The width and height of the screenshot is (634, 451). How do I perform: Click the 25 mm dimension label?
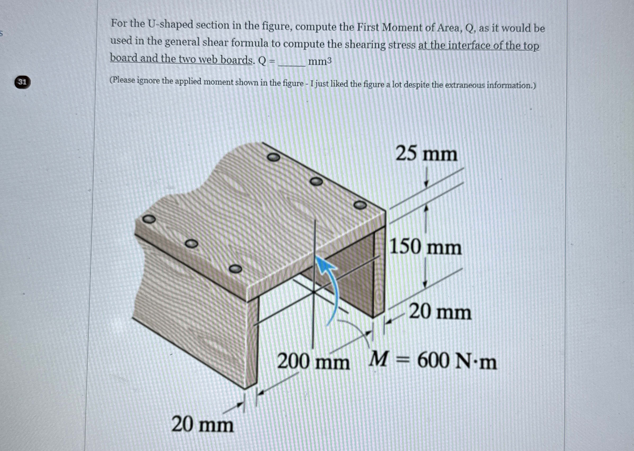[x=426, y=154]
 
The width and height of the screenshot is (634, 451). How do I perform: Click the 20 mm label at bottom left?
[x=203, y=425]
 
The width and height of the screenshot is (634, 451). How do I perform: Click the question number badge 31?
[x=22, y=82]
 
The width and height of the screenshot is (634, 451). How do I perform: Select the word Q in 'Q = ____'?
[x=262, y=61]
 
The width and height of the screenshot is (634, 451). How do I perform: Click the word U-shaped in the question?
[x=166, y=25]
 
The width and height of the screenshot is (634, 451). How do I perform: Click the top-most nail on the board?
[x=274, y=157]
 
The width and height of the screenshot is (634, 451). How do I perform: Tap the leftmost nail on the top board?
[x=149, y=219]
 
